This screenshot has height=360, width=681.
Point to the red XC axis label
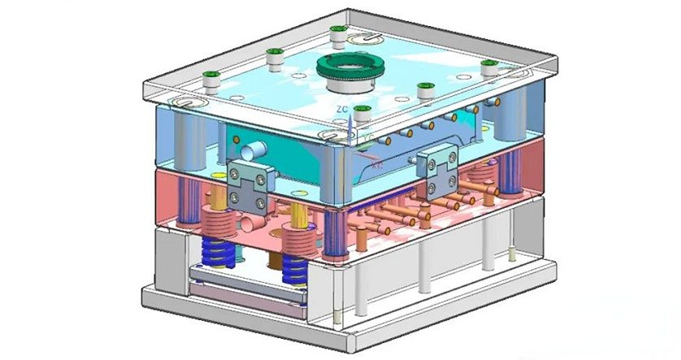coord(377,163)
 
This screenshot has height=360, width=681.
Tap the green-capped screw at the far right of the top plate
coord(489,67)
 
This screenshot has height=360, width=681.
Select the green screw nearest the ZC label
coord(362,114)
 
